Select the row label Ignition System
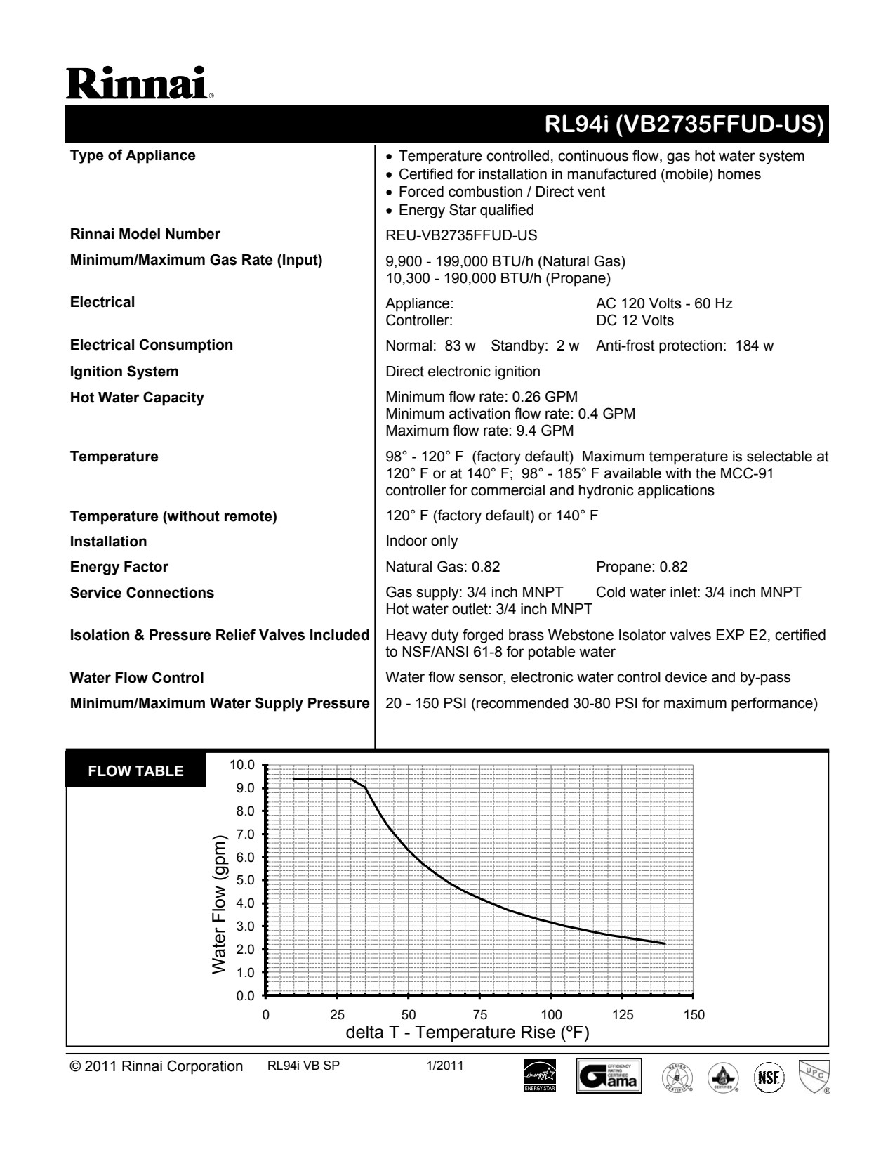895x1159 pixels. (124, 372)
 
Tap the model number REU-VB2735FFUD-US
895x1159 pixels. (461, 235)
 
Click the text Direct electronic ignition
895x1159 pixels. (463, 372)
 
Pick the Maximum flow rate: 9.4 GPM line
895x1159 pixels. (479, 430)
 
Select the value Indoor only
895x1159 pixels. (421, 541)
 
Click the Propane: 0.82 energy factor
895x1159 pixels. (642, 567)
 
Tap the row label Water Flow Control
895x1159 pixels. (137, 678)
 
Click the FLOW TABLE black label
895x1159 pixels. (135, 771)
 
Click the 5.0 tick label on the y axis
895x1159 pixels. (245, 880)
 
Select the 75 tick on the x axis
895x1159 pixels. (479, 1014)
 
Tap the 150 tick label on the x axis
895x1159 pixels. (694, 1014)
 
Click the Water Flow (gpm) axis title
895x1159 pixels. (220, 905)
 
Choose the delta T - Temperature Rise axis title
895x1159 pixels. (468, 1033)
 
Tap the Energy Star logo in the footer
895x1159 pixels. (539, 1076)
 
